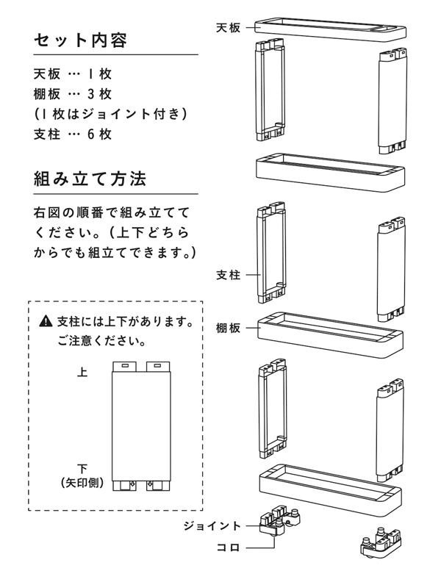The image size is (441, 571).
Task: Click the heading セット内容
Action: pyautogui.click(x=81, y=40)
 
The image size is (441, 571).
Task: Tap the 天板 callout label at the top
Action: pyautogui.click(x=229, y=28)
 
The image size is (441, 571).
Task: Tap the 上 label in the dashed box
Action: pyautogui.click(x=82, y=373)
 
